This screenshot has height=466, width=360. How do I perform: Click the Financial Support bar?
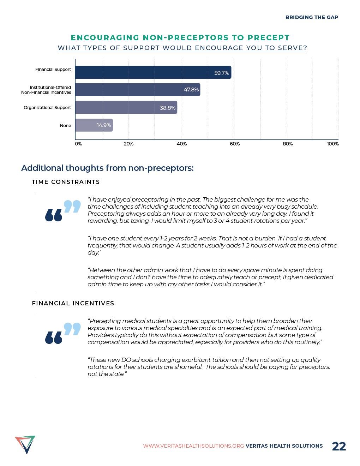click(x=153, y=72)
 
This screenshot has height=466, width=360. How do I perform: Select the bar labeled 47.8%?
click(x=138, y=90)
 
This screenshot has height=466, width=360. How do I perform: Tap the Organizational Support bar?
click(x=126, y=108)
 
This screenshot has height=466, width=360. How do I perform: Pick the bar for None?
click(x=94, y=125)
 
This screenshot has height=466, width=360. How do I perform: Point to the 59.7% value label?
click(x=222, y=73)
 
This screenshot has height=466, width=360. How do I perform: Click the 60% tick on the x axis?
click(x=235, y=144)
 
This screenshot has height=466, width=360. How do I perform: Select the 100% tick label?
click(x=333, y=144)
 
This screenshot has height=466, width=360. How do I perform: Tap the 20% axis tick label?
click(x=128, y=144)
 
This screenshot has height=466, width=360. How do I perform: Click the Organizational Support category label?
click(x=47, y=108)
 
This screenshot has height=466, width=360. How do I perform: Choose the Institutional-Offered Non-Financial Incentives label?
click(x=46, y=90)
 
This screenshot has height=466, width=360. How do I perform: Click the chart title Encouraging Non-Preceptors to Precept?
click(x=180, y=38)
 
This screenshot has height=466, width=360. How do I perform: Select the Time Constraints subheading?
click(x=66, y=182)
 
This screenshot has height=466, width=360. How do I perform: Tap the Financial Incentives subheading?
click(x=73, y=304)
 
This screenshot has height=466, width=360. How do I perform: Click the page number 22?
click(x=339, y=446)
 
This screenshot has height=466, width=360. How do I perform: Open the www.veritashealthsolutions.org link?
click(x=193, y=446)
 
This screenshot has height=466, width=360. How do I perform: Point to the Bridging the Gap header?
click(x=312, y=17)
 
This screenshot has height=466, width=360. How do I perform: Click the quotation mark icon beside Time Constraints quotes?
click(x=63, y=211)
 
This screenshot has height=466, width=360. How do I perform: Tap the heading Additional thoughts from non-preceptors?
click(x=107, y=168)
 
